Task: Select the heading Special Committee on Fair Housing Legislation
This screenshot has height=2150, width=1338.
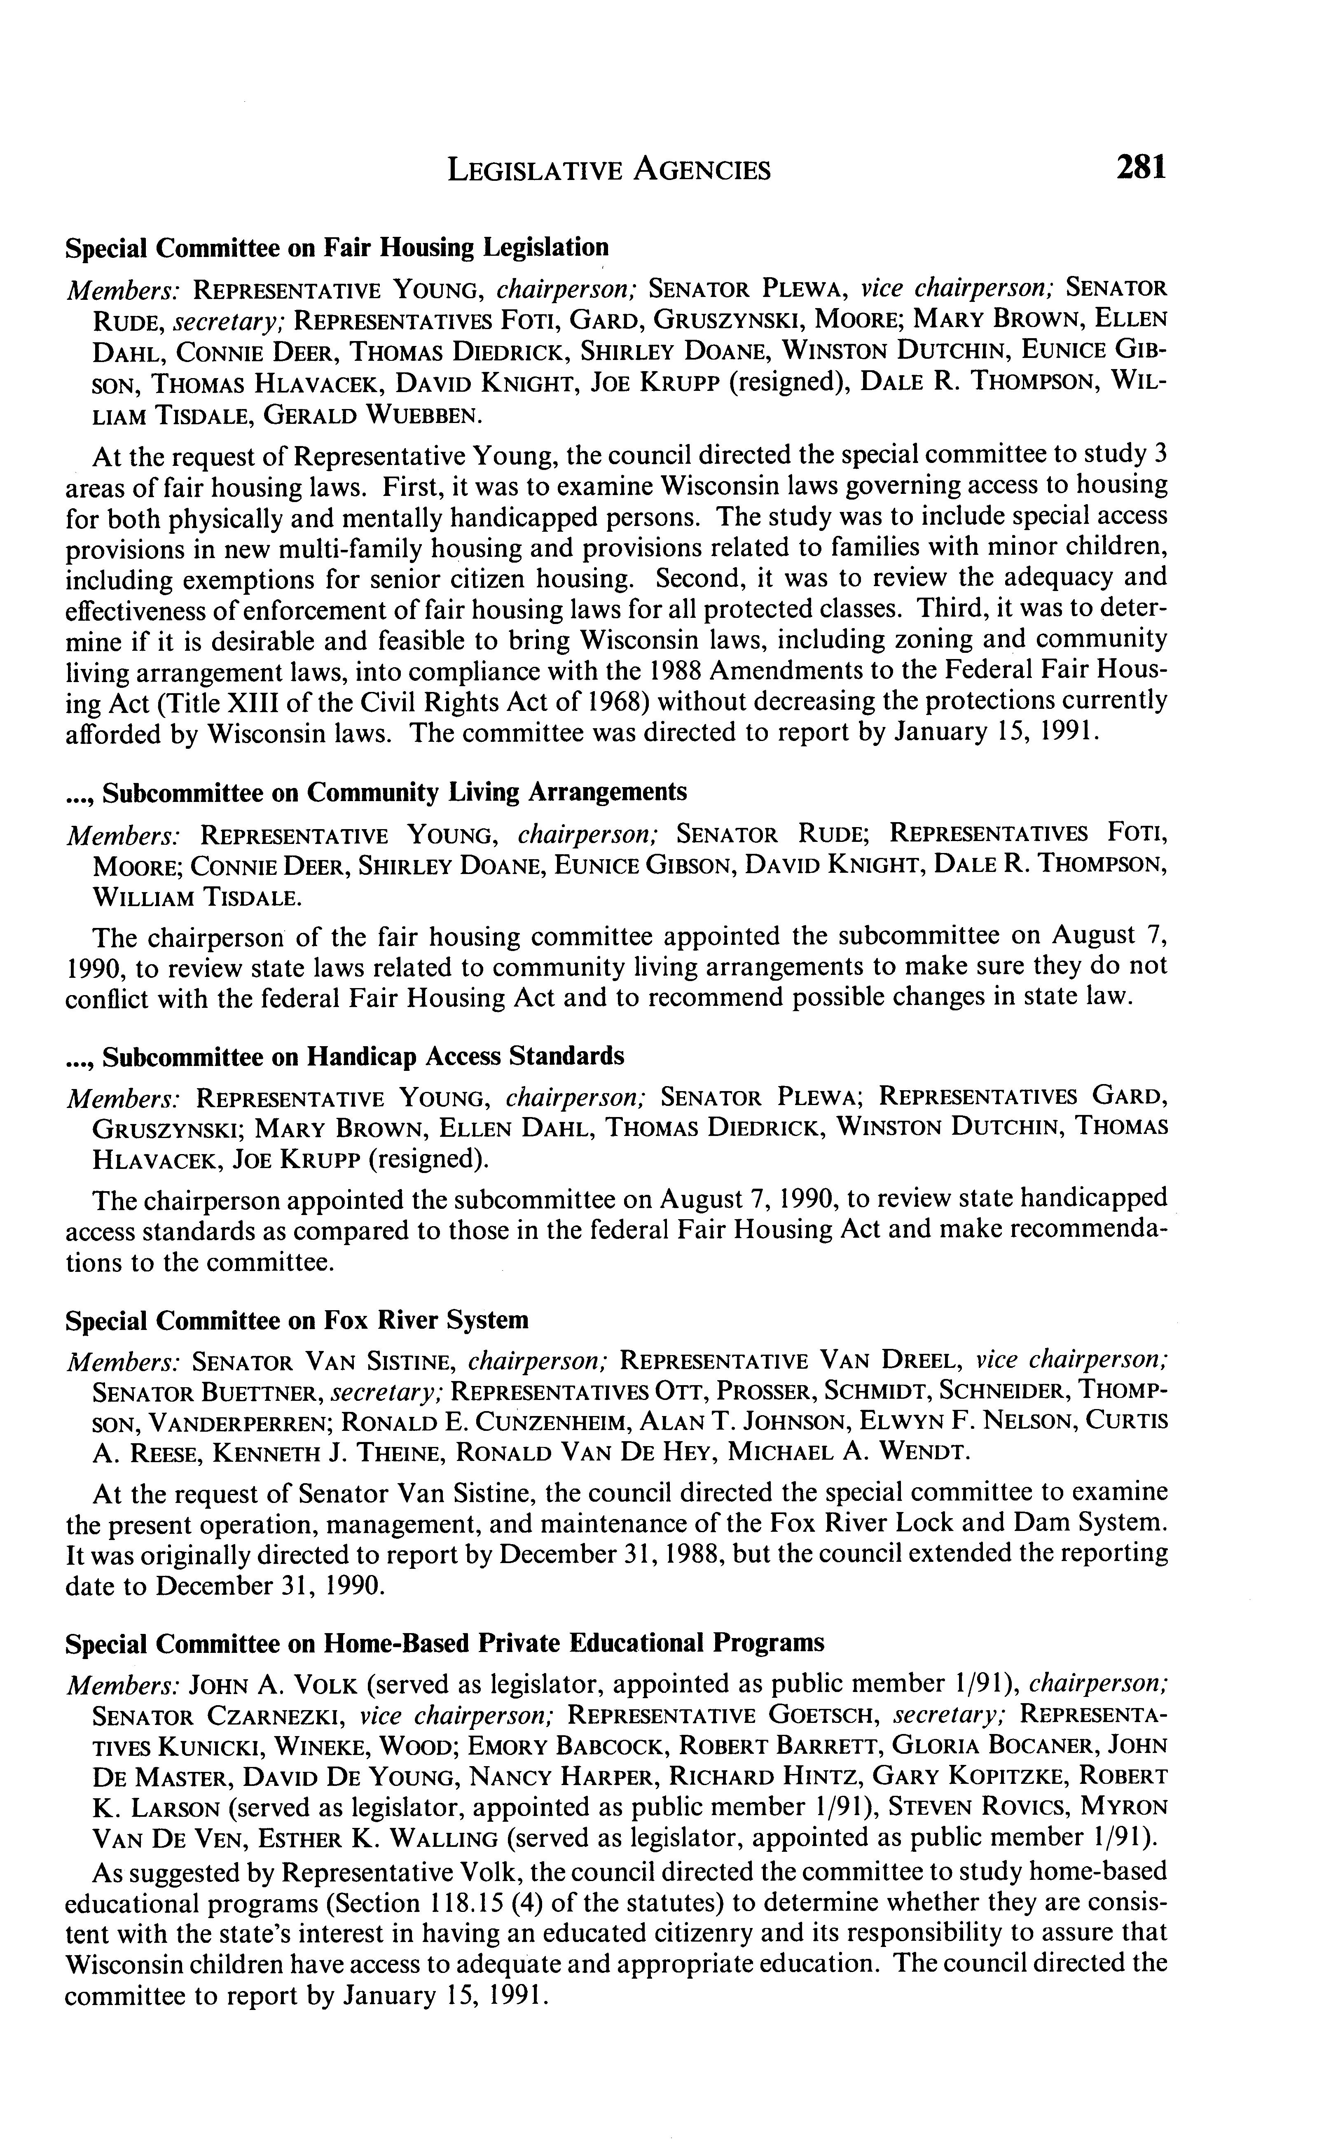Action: click(337, 248)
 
